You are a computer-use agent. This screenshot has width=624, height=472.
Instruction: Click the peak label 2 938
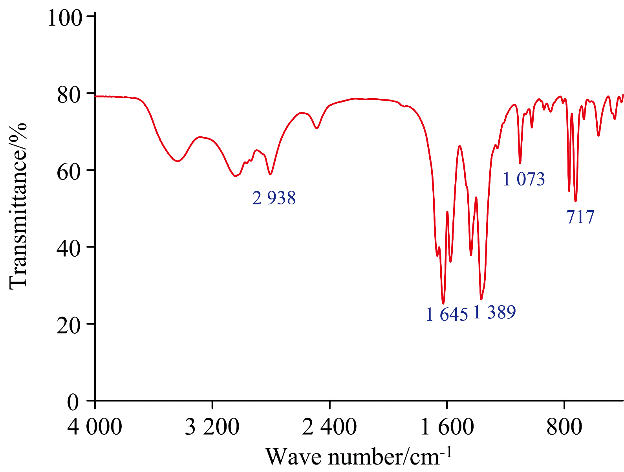coord(274,198)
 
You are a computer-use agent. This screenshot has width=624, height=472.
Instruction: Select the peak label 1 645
coord(447,314)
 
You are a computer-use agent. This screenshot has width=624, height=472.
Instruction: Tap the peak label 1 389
coord(494,312)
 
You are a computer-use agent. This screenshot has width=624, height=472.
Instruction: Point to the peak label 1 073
coord(524,179)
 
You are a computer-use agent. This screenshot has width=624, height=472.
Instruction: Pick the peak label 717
coord(580,217)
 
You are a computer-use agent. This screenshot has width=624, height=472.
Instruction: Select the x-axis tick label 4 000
coord(95,427)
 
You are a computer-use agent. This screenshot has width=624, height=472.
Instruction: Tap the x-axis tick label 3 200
coord(212,427)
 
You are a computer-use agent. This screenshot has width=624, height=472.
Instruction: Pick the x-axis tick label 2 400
coord(329,427)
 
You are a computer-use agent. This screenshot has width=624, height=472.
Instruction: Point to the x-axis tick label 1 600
coord(447,427)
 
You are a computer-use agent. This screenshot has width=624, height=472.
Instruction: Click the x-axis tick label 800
coord(564,427)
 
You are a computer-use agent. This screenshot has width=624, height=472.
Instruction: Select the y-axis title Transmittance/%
coord(18,206)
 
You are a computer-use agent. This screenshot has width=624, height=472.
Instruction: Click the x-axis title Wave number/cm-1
coord(359,457)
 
